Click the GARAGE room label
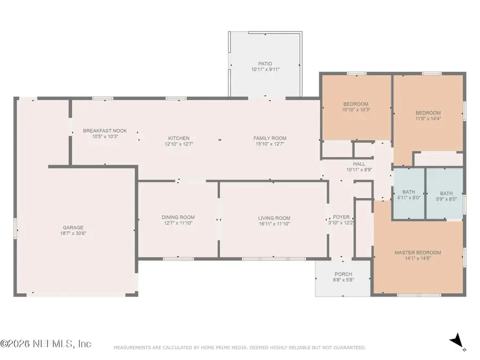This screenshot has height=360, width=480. click(x=73, y=227)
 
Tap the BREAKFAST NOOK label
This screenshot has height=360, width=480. click(x=105, y=131)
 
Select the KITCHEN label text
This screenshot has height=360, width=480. click(x=179, y=138)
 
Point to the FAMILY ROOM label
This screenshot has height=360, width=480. click(x=270, y=138)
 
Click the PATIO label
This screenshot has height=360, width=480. click(x=265, y=63)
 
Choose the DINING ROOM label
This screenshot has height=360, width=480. click(x=178, y=218)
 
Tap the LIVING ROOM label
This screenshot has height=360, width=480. click(x=274, y=218)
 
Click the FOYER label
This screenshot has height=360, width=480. click(x=341, y=217)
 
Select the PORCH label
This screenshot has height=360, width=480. click(x=343, y=274)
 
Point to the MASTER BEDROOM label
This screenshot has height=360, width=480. click(x=418, y=253)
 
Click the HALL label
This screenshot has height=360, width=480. click(x=359, y=164)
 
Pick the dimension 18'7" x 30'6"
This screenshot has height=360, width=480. click(x=73, y=233)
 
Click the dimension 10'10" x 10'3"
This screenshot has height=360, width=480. click(x=356, y=109)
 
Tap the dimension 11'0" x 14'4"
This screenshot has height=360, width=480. click(x=428, y=118)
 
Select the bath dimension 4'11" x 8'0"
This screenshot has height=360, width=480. click(x=409, y=198)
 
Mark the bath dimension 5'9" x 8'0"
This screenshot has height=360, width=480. click(x=446, y=199)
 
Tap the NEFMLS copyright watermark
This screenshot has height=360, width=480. click(x=46, y=343)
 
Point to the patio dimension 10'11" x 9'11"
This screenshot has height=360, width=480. click(x=266, y=69)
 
